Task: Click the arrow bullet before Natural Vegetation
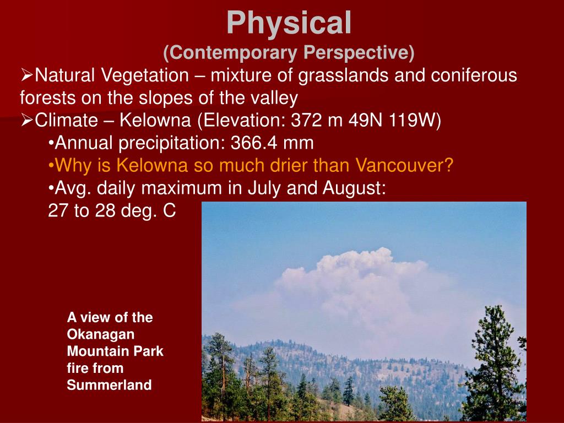[27, 75]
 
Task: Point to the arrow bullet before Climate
[27, 120]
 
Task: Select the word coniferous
[455, 75]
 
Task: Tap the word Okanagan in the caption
[101, 334]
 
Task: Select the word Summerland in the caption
[109, 385]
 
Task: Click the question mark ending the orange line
[449, 165]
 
